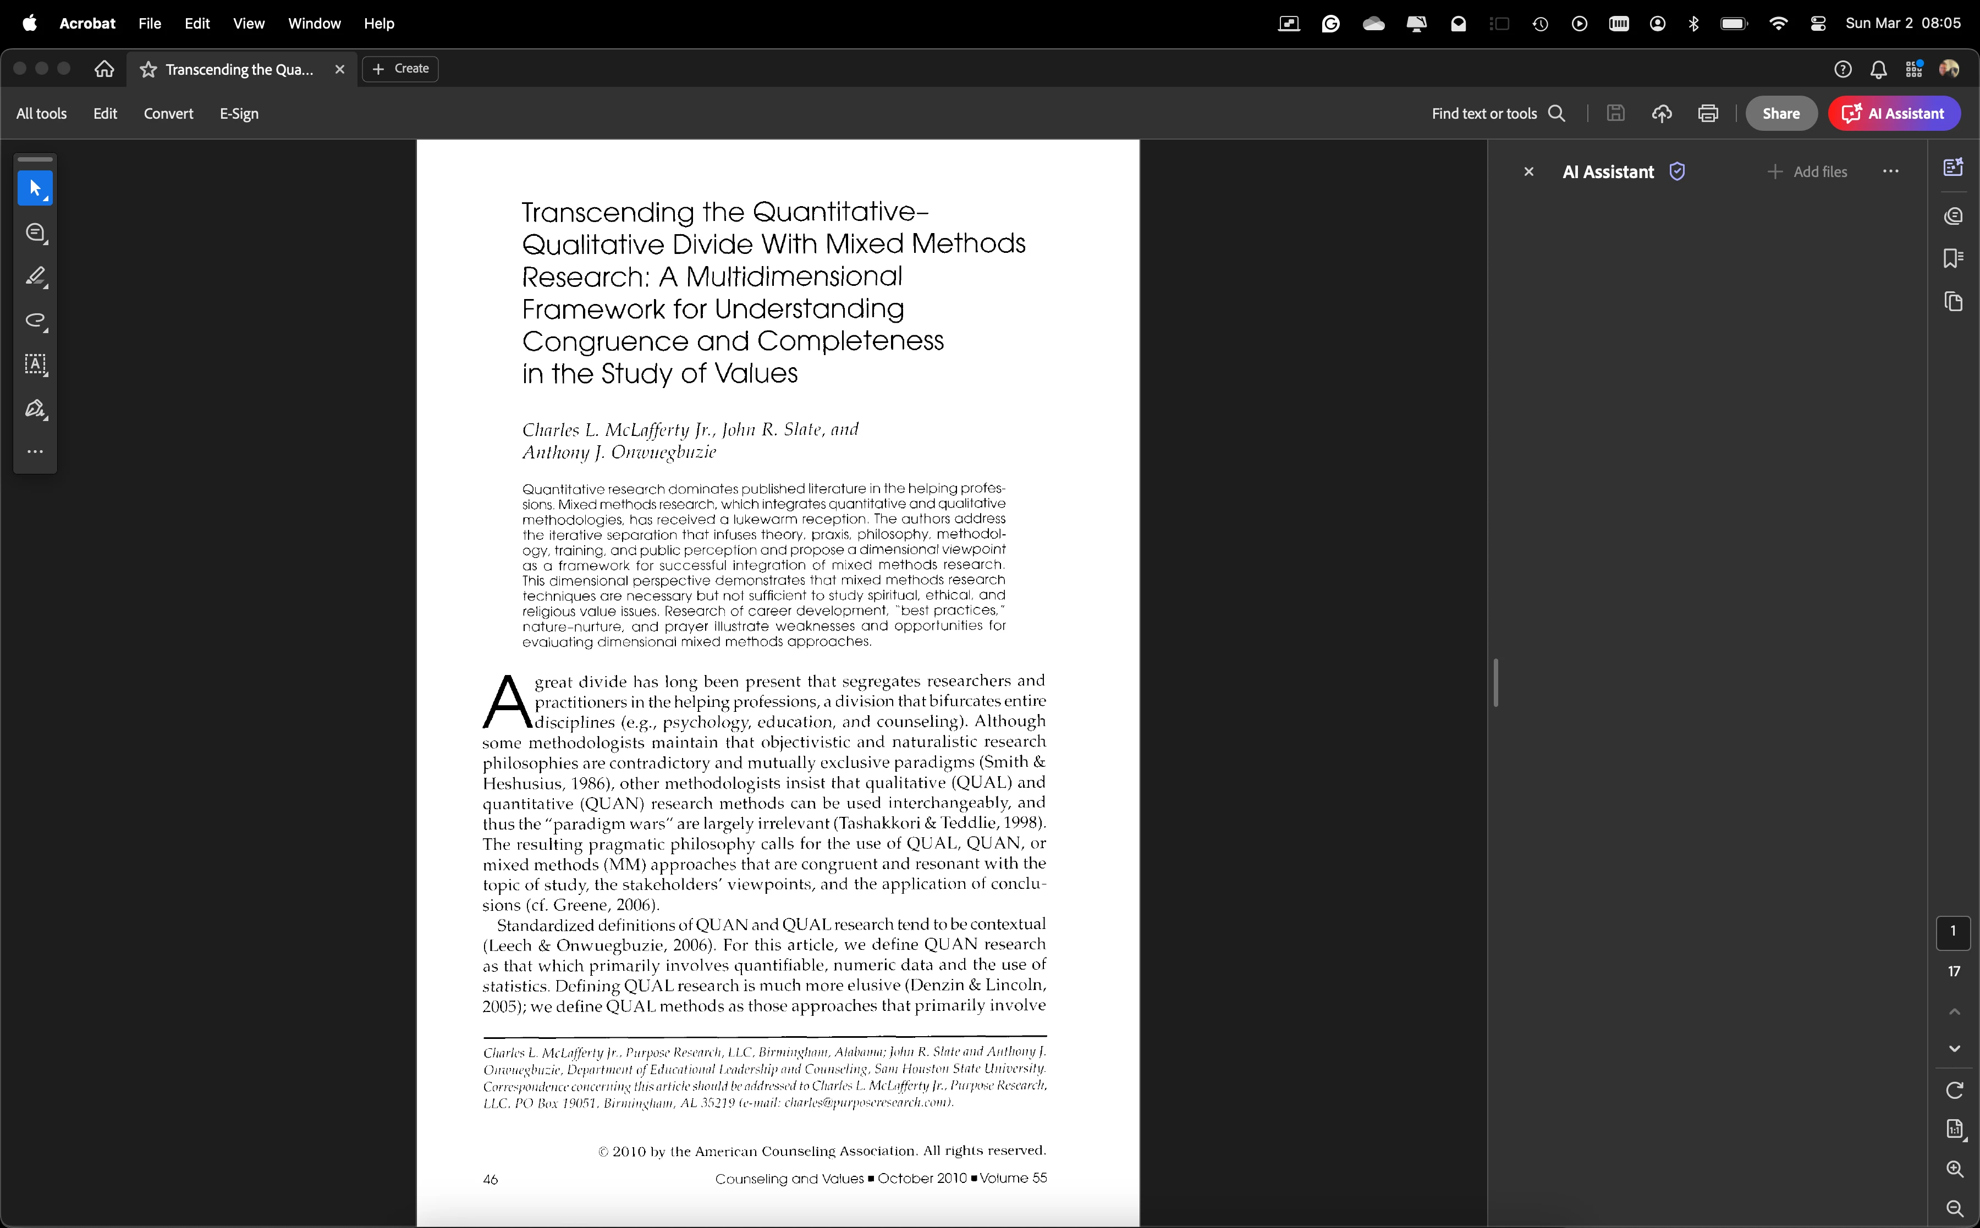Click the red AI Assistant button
coord(1894,114)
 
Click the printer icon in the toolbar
coord(1708,114)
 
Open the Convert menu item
coord(168,114)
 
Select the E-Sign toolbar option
coord(239,114)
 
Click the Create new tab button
coord(400,69)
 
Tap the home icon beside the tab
coord(104,69)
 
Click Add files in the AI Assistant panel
coord(1808,172)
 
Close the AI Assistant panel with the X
coord(1528,172)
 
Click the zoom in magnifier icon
coord(1955,1169)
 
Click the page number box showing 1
coord(1953,932)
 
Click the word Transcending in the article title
coord(608,213)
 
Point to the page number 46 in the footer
coord(490,1179)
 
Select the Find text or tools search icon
coord(1557,114)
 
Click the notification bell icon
coord(1878,70)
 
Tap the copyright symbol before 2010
coord(603,1152)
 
